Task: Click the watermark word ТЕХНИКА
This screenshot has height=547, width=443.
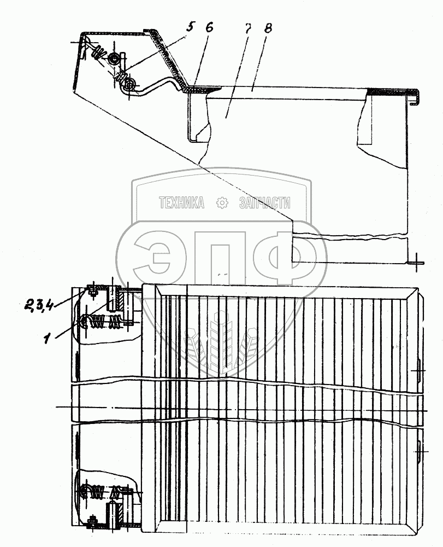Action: click(x=181, y=203)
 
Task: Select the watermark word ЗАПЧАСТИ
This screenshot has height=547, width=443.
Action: click(x=265, y=203)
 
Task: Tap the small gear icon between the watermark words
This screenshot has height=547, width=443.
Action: click(x=222, y=203)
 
